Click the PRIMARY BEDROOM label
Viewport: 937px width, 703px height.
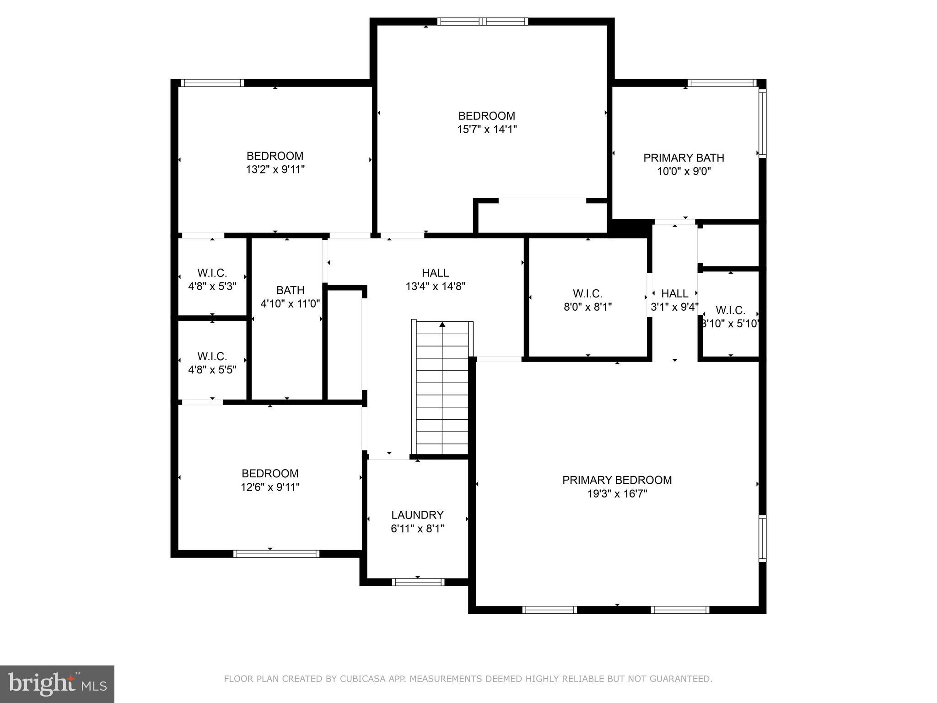pos(617,480)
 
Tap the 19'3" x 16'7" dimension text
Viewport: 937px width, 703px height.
pos(617,494)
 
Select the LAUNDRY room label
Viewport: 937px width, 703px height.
pos(417,515)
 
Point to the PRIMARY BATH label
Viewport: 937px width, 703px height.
pos(684,158)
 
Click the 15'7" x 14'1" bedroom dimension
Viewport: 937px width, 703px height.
pos(487,130)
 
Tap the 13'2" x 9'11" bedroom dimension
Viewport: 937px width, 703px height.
pos(275,170)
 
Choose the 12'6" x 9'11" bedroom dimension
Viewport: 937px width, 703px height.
pos(270,487)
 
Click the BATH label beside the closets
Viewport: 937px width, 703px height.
pos(290,290)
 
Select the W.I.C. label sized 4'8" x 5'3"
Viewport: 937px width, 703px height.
pos(212,273)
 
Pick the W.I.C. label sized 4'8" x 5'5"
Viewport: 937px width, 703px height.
pos(212,356)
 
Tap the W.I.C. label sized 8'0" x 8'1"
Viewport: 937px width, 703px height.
pos(587,293)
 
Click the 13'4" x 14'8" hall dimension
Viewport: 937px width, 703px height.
pos(435,287)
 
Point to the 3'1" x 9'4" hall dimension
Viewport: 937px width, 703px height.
pos(674,307)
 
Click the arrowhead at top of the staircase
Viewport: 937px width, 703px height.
pos(442,324)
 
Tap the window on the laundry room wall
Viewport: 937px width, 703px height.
pos(418,582)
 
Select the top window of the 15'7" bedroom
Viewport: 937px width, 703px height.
pos(482,22)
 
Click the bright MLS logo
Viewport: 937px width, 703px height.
pos(57,684)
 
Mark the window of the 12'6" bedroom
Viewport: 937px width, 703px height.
pos(276,554)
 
